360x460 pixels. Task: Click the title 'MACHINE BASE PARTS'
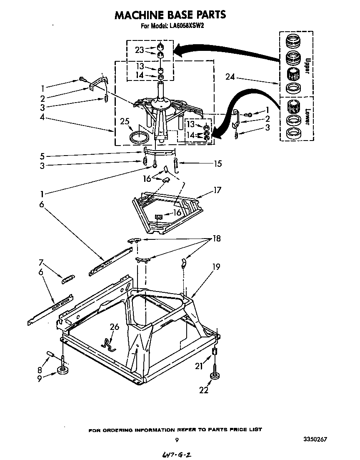pos(170,15)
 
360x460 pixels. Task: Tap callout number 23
pos(139,50)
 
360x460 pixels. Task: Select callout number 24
pos(230,77)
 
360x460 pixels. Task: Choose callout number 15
pos(217,163)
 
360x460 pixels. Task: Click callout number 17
pos(217,190)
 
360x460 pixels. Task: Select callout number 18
pos(216,239)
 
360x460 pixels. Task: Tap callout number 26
pos(114,327)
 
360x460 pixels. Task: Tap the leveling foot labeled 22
pos(215,376)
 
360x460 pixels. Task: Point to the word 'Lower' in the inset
pos(307,117)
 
